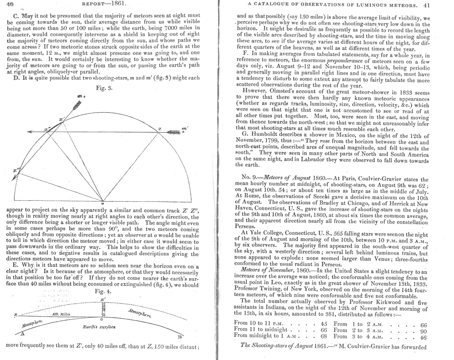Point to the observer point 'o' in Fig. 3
point(102,203)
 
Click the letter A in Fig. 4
point(22,333)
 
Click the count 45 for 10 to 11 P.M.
point(324,324)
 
